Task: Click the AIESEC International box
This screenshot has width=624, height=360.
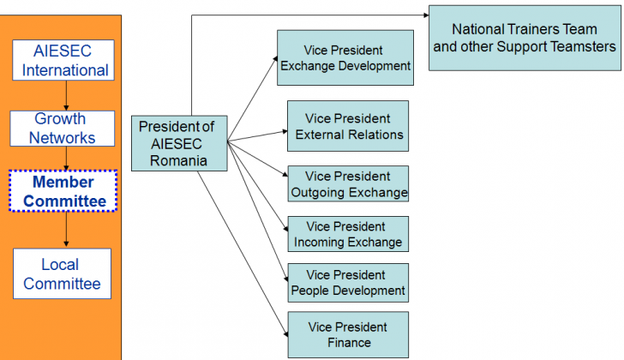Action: (x=63, y=60)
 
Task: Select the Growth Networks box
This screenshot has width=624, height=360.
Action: (x=63, y=129)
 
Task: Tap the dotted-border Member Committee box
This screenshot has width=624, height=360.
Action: (x=63, y=191)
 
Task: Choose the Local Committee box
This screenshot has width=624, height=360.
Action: (x=62, y=273)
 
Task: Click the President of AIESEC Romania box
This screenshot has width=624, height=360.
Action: (x=179, y=144)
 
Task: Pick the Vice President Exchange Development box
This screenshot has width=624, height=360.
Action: (x=345, y=57)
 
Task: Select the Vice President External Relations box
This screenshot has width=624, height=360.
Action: (x=348, y=126)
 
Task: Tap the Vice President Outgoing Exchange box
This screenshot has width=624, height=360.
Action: (x=348, y=183)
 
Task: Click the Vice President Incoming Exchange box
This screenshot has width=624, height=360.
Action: (x=348, y=234)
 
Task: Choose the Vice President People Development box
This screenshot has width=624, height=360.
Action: (x=348, y=283)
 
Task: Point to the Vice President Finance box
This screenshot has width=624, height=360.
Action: (x=348, y=335)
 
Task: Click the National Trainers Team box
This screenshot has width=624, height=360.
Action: (x=525, y=39)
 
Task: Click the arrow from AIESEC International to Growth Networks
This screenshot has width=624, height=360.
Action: (x=66, y=95)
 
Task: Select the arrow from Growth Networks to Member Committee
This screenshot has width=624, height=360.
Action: (x=66, y=159)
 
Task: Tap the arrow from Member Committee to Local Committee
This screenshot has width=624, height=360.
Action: (x=66, y=229)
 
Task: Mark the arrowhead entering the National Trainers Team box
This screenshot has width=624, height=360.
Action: (x=426, y=15)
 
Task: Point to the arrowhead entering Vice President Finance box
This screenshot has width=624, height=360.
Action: (x=285, y=333)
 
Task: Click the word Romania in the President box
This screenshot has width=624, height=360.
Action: (x=178, y=160)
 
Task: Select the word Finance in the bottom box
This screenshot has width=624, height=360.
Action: (x=349, y=343)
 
